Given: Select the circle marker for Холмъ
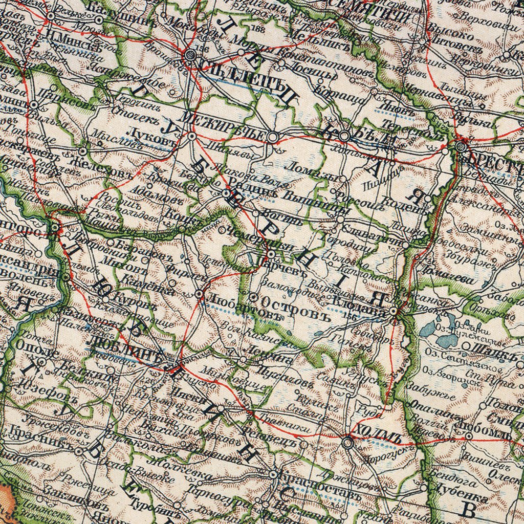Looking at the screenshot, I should click(348, 443).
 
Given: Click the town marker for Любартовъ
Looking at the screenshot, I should click(200, 294).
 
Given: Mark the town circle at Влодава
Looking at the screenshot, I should click(393, 311).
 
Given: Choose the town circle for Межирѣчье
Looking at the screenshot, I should click(273, 137).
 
